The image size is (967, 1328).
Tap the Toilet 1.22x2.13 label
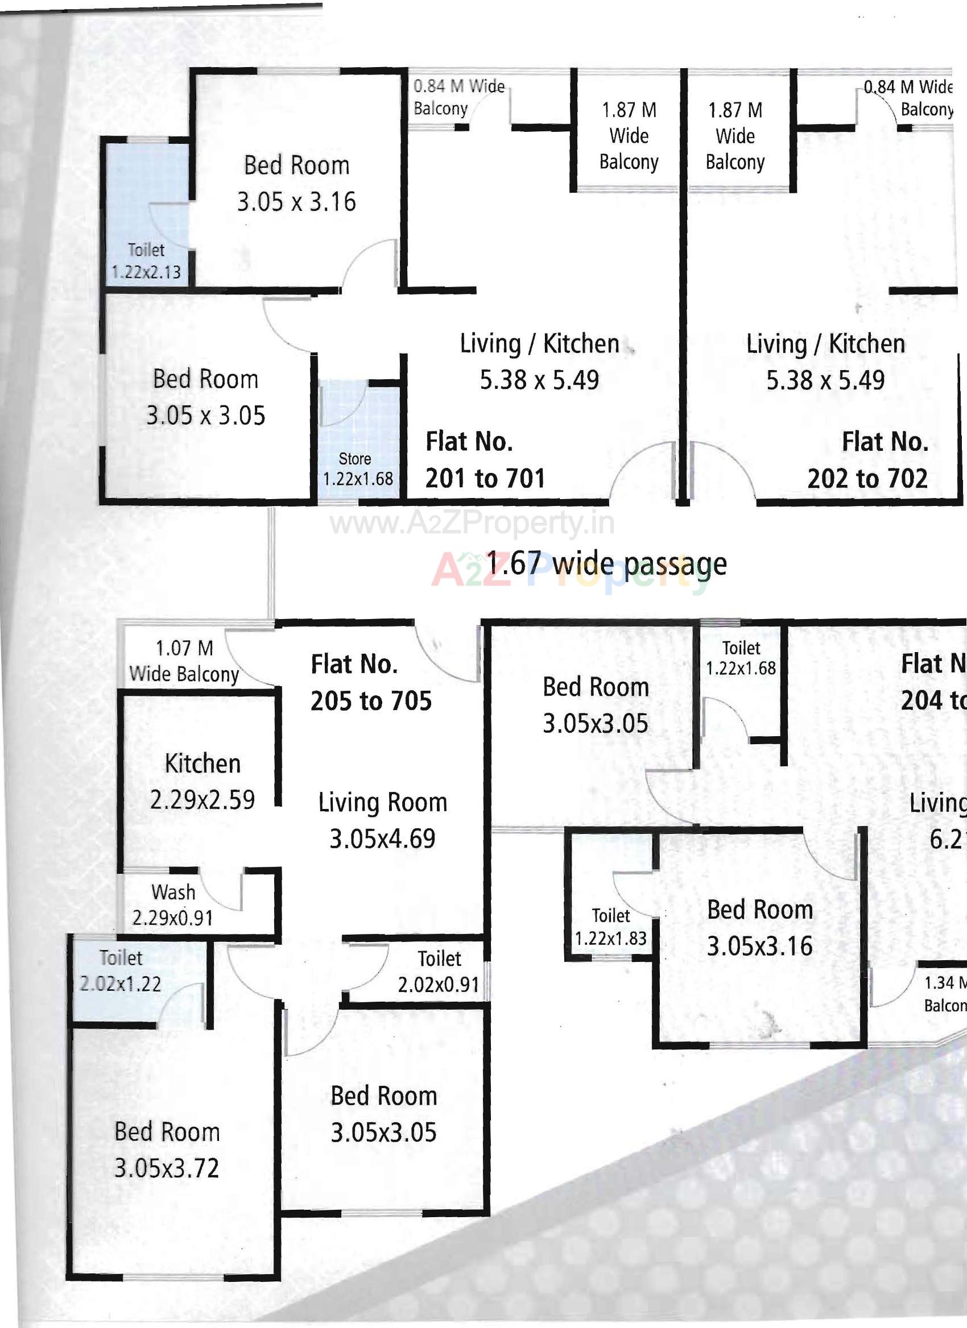click(146, 261)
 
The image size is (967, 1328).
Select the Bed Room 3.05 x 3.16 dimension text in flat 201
click(296, 201)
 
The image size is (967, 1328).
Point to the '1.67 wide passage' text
click(607, 563)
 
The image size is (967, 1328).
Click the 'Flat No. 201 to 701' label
click(485, 460)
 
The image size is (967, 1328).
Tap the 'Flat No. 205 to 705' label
click(370, 683)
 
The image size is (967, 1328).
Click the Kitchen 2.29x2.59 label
click(203, 781)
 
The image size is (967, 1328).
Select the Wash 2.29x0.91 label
click(173, 904)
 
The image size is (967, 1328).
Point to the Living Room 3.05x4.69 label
click(382, 820)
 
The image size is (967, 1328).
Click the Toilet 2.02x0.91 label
click(439, 972)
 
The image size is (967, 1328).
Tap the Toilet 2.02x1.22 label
click(121, 970)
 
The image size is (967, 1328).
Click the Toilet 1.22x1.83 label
click(610, 927)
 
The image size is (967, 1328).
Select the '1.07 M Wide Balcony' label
click(184, 661)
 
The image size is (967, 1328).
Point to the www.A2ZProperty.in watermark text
click(472, 522)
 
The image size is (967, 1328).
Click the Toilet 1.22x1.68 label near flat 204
click(741, 658)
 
